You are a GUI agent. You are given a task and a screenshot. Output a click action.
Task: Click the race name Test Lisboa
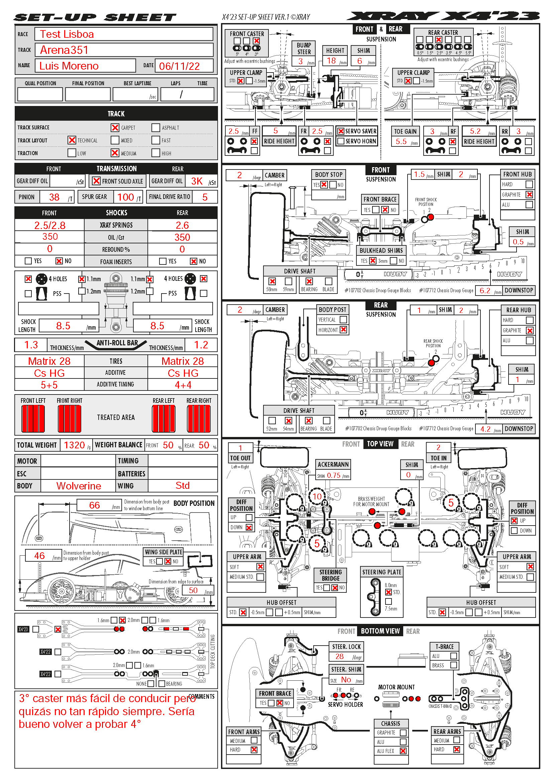[x=67, y=34]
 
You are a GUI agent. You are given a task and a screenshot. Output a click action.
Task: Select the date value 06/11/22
[x=179, y=66]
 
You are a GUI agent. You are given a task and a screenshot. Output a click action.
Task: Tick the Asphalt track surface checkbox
[x=156, y=128]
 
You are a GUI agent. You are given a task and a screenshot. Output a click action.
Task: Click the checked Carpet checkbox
[x=115, y=128]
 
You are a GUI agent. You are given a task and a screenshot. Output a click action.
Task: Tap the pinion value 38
[x=54, y=197]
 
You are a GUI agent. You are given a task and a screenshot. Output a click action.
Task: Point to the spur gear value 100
[x=125, y=197]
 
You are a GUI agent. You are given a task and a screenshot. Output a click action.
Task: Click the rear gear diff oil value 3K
[x=197, y=181]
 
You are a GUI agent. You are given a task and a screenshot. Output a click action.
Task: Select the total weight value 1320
[x=74, y=445]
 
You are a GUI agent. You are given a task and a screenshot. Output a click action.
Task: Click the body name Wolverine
[x=79, y=486]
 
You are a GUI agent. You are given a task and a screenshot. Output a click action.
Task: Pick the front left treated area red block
[x=33, y=419]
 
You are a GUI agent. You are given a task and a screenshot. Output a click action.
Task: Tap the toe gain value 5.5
[x=401, y=142]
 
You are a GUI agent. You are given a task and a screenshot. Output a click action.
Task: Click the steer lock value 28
[x=339, y=656]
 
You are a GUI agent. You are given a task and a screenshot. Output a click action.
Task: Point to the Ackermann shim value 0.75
[x=333, y=475]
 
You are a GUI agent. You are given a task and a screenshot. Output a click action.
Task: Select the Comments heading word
[x=202, y=696]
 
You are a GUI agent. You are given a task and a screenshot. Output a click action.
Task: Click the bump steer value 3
[x=301, y=61]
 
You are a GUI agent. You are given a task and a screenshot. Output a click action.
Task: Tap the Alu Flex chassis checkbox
[x=403, y=751]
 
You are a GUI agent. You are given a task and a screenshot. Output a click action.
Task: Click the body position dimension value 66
[x=94, y=505]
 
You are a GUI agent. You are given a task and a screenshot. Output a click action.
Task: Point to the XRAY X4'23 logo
[x=443, y=16]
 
